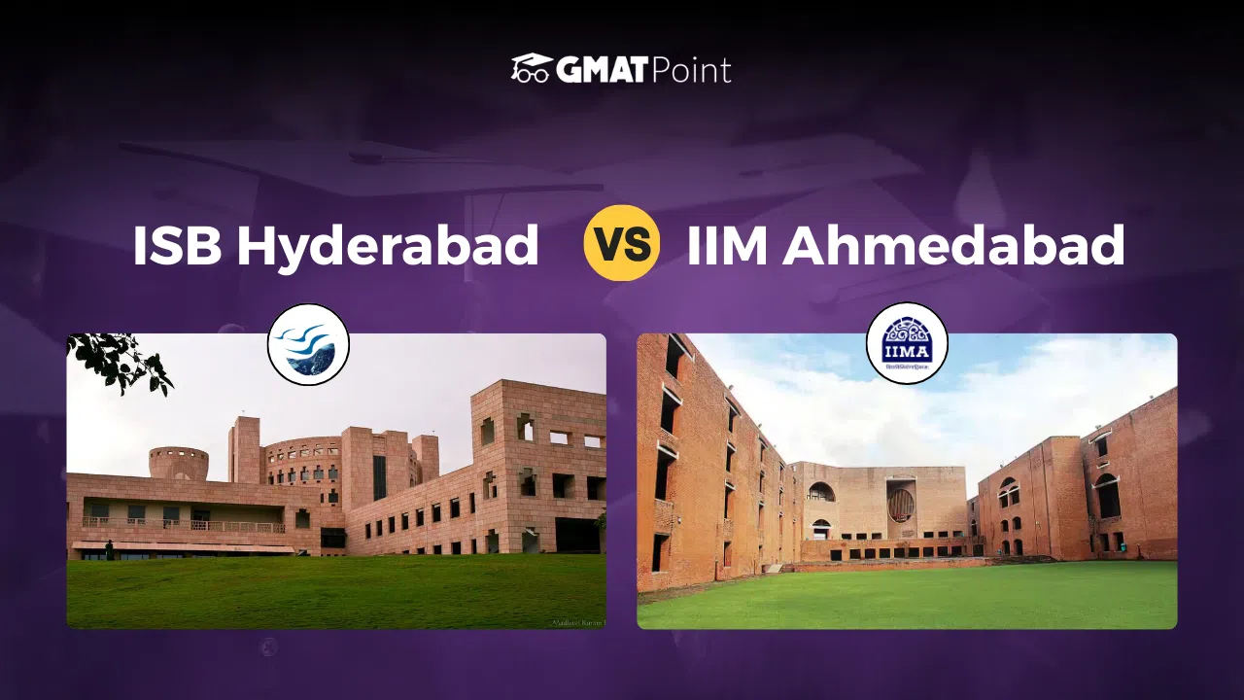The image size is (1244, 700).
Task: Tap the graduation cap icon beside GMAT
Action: pos(531,68)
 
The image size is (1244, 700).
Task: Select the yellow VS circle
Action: pos(622,243)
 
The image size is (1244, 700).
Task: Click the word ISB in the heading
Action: pos(178,246)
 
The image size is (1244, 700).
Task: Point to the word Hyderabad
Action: pos(388,246)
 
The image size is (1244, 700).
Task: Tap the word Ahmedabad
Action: pos(954,246)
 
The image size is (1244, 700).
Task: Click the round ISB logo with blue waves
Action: pos(308,344)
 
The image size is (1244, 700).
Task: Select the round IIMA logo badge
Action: pos(907,343)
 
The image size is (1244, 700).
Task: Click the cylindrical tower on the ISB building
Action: pos(178,463)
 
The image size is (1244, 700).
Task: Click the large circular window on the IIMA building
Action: pos(901,504)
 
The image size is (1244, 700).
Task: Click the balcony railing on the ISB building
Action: pos(185,526)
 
